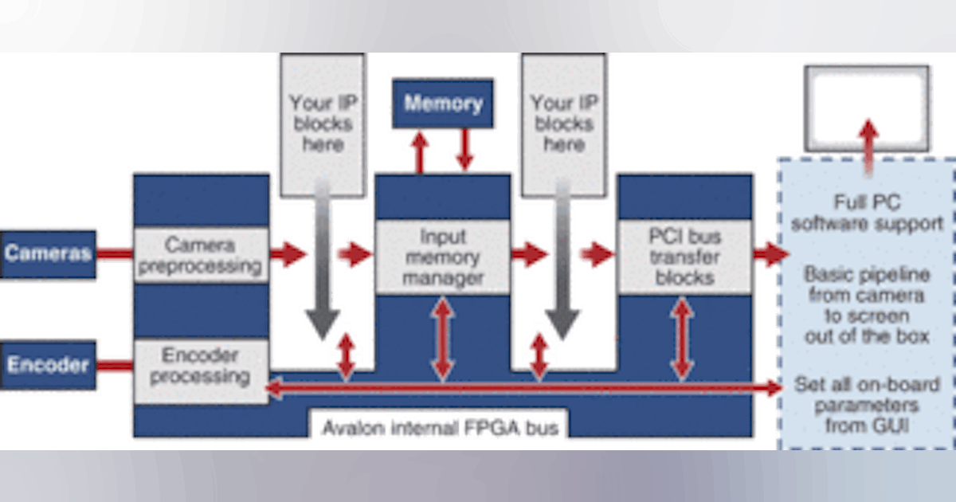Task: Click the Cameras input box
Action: [48, 254]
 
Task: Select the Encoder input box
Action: [48, 365]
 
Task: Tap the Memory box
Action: [442, 104]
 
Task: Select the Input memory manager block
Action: [442, 257]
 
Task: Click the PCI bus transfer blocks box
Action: [684, 257]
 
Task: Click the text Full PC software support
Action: [867, 213]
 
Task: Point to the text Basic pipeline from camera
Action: [867, 285]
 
